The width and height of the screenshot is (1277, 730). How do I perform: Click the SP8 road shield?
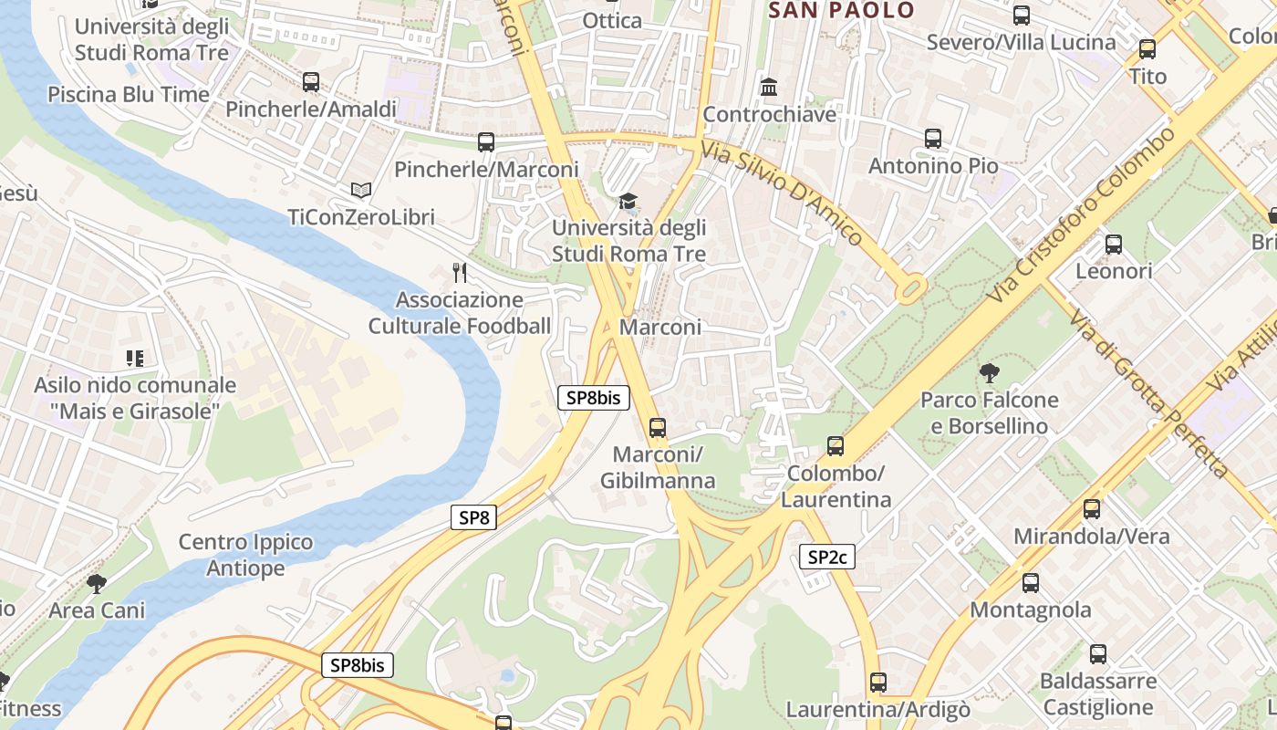click(x=473, y=518)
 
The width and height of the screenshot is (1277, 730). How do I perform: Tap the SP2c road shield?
click(x=827, y=557)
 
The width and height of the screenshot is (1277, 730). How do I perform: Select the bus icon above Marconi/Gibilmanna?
click(x=657, y=427)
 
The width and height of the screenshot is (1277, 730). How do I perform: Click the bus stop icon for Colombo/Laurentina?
click(x=836, y=446)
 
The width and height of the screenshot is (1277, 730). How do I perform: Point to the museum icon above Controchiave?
click(x=769, y=88)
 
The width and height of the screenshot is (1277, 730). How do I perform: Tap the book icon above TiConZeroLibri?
click(x=361, y=190)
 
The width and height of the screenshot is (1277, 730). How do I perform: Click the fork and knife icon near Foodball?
click(x=460, y=272)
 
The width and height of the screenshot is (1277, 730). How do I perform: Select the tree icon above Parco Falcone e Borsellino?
click(x=989, y=372)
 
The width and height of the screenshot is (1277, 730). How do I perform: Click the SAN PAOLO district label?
click(x=841, y=11)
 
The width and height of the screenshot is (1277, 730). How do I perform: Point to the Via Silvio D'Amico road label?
click(x=782, y=193)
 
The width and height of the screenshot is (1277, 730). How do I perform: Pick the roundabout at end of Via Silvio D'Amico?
click(x=909, y=291)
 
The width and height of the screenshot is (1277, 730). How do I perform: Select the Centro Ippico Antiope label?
click(x=245, y=555)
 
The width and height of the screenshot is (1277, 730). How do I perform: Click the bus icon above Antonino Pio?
click(x=932, y=139)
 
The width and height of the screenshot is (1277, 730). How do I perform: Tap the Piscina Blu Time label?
click(x=129, y=94)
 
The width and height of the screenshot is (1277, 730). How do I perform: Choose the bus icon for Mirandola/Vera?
click(x=1091, y=509)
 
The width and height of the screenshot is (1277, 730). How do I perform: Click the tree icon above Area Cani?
click(x=97, y=583)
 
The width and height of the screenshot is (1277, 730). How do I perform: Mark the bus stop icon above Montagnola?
click(x=1031, y=582)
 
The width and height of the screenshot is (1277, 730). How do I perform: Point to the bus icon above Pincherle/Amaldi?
click(x=311, y=82)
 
